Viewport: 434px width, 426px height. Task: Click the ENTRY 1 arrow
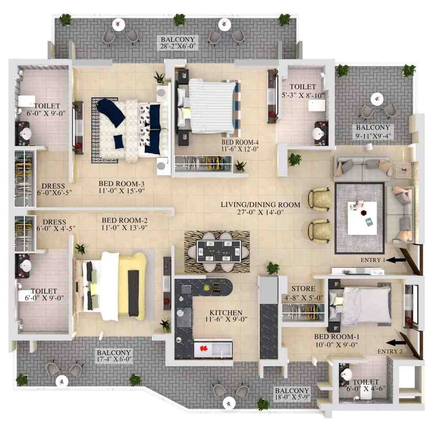(396, 260)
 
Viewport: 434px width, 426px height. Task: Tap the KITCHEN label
(226, 313)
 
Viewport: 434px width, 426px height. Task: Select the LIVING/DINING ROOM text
(260, 205)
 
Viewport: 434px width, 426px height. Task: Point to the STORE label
(303, 288)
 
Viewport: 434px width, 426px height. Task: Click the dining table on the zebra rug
(219, 251)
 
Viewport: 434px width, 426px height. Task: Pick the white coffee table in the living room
(362, 218)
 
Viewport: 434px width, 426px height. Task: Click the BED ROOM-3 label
(122, 184)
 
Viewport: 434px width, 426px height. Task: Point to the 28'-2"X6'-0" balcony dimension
(178, 46)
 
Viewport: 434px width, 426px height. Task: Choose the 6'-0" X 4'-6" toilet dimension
(366, 388)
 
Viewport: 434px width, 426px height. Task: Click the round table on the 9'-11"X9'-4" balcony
(377, 99)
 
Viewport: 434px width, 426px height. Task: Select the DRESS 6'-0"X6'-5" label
(54, 189)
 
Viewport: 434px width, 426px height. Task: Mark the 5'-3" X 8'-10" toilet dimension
(303, 95)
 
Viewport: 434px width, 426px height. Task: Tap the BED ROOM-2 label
(125, 221)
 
